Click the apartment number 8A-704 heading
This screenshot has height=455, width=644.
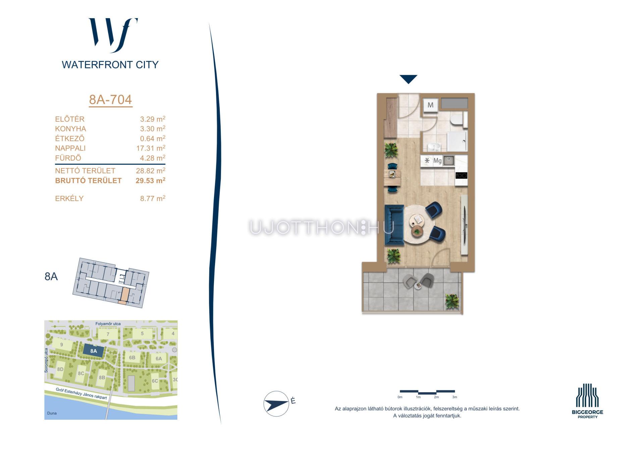point(110,100)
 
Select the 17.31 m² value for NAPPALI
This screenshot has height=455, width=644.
point(151,148)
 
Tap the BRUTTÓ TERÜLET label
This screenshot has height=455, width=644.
point(88,180)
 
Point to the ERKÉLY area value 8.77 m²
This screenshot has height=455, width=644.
point(153,198)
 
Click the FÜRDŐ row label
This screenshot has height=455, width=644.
point(68,158)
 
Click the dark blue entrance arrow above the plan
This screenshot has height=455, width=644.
point(408,79)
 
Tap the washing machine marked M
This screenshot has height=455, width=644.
point(430,105)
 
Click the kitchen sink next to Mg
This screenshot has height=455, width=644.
point(448,161)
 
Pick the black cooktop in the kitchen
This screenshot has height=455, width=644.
point(461,175)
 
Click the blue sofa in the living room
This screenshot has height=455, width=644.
point(394,224)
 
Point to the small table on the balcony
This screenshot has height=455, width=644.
point(418,285)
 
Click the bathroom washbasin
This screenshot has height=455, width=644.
point(434,147)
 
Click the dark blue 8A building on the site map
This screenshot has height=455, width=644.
point(93,351)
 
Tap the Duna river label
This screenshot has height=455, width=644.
point(52,413)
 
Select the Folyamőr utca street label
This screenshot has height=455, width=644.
point(108,324)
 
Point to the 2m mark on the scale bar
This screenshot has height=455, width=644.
point(436,397)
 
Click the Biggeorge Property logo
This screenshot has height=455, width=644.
point(587,401)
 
